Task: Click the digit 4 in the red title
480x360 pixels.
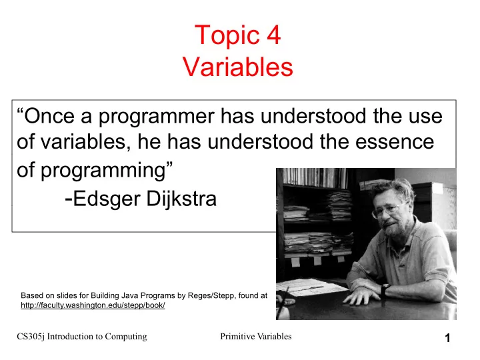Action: [273, 35]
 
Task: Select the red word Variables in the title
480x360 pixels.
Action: [238, 67]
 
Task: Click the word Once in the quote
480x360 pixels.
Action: [49, 116]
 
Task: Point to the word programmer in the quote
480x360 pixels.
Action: [156, 117]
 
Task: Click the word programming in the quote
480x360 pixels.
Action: [103, 171]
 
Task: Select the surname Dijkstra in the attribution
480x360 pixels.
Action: [181, 199]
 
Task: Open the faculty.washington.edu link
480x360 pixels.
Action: [93, 305]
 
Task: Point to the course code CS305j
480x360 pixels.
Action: [31, 337]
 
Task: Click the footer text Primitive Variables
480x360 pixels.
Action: [255, 337]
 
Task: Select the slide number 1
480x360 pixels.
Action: [447, 338]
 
